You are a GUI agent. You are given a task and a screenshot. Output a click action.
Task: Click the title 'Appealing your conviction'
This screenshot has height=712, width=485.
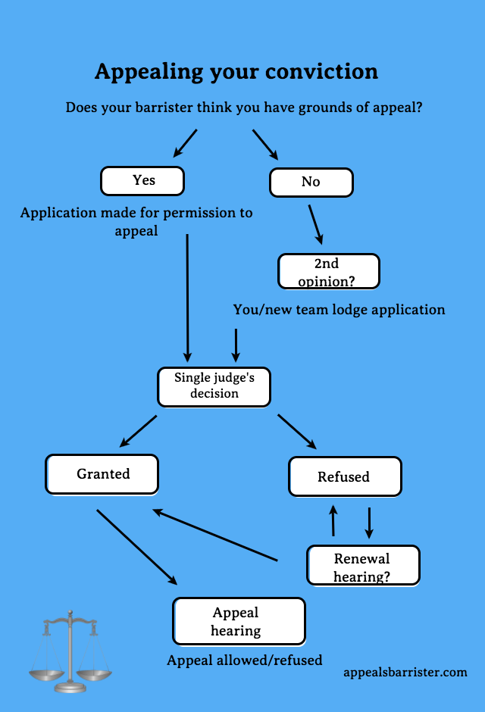point(236,71)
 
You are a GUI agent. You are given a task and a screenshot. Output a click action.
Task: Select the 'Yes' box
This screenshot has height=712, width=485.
point(143,180)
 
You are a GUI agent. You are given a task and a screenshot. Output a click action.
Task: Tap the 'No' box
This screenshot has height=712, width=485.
point(311,182)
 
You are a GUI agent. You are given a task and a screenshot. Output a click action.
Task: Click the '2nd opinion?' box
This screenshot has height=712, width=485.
point(328,271)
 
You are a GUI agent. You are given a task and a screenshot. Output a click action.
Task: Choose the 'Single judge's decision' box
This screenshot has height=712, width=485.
point(214,386)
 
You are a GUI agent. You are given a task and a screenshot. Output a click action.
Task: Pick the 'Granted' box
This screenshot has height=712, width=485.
point(102,474)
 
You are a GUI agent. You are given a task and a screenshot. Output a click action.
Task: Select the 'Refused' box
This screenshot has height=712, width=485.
point(344,476)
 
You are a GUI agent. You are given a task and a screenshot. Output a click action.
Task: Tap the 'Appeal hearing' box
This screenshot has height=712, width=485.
point(238,621)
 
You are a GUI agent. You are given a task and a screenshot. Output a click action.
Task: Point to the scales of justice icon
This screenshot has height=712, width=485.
point(70,651)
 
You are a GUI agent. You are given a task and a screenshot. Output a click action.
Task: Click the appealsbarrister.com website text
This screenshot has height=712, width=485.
point(405,672)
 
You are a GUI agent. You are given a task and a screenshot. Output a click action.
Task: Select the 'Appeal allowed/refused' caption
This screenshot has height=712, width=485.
point(244,660)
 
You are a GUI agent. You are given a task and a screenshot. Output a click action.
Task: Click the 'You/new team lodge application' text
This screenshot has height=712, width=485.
point(339,309)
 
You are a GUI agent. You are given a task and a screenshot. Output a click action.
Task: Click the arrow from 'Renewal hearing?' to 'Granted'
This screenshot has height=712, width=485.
point(216,536)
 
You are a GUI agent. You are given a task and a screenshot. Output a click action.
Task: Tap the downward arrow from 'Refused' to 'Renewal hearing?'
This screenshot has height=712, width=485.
point(369,521)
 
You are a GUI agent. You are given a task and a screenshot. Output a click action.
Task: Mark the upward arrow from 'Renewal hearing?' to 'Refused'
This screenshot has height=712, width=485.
point(333,521)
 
